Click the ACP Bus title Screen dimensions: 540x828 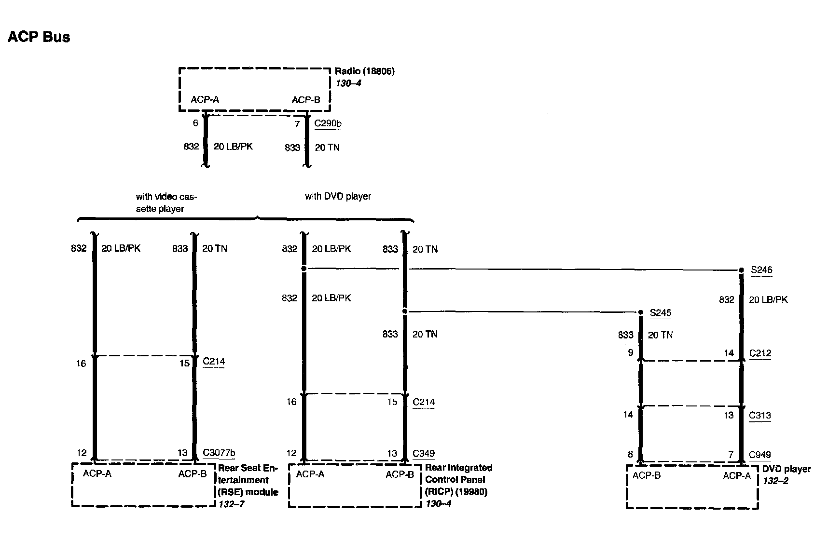[39, 37]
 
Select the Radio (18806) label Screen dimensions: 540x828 [364, 71]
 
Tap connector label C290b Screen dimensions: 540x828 [328, 123]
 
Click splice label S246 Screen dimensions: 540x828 [761, 270]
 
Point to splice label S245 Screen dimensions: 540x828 [661, 313]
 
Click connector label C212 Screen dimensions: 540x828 [760, 353]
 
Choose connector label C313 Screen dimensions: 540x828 [759, 415]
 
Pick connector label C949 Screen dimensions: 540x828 [759, 455]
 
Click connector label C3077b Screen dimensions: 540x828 [219, 453]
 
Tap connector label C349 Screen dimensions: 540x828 [424, 453]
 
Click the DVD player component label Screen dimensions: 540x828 [787, 469]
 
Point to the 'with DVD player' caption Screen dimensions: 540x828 [338, 196]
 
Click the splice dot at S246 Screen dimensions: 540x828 [742, 270]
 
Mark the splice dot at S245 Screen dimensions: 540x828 [641, 313]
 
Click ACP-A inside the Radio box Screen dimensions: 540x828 [205, 100]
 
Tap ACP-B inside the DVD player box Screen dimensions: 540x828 [646, 476]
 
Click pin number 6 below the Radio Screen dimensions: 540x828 [195, 123]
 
